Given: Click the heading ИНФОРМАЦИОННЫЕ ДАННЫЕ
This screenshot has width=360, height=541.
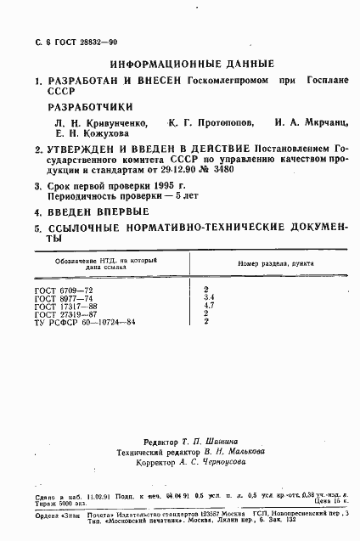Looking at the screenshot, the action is coord(192,63).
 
